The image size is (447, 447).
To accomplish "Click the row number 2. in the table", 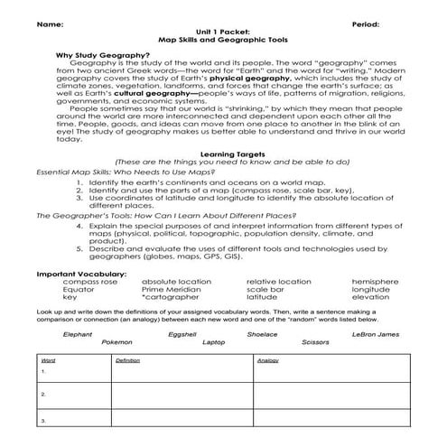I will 42,395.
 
